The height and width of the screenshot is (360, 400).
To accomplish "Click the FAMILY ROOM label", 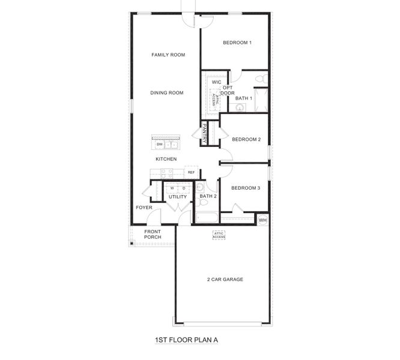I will (x=168, y=55).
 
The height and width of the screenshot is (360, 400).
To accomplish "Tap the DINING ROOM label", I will (x=166, y=92).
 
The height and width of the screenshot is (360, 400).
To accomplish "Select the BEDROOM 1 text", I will (x=237, y=43).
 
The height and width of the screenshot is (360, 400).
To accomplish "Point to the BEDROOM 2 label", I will (x=246, y=140).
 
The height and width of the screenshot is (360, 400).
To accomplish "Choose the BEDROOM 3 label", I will (x=246, y=188).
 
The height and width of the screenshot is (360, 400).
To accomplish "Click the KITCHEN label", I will (x=166, y=159).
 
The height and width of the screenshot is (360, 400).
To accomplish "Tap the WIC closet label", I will (x=216, y=82).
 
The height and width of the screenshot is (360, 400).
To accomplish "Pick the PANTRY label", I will (x=205, y=133).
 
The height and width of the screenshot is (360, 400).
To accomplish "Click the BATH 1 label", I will (x=243, y=98).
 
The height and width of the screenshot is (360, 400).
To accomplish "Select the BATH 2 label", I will (x=208, y=196).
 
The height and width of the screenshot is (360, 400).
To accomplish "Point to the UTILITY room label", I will (x=177, y=197).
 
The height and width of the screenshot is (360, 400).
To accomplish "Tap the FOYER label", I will (x=144, y=208).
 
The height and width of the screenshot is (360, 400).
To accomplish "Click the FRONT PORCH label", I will (x=153, y=234).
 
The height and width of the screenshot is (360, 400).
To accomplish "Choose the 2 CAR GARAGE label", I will (x=225, y=279).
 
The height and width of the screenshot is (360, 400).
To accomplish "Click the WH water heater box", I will (x=262, y=220).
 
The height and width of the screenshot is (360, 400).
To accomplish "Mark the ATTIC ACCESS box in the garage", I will (x=219, y=235).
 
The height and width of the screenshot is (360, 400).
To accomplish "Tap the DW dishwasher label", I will (x=160, y=145).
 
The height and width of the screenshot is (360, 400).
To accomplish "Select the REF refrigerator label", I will (x=191, y=172).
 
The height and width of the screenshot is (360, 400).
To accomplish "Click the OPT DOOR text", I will (x=228, y=90).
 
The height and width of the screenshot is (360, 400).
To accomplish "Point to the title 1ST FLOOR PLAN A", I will (x=186, y=340).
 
